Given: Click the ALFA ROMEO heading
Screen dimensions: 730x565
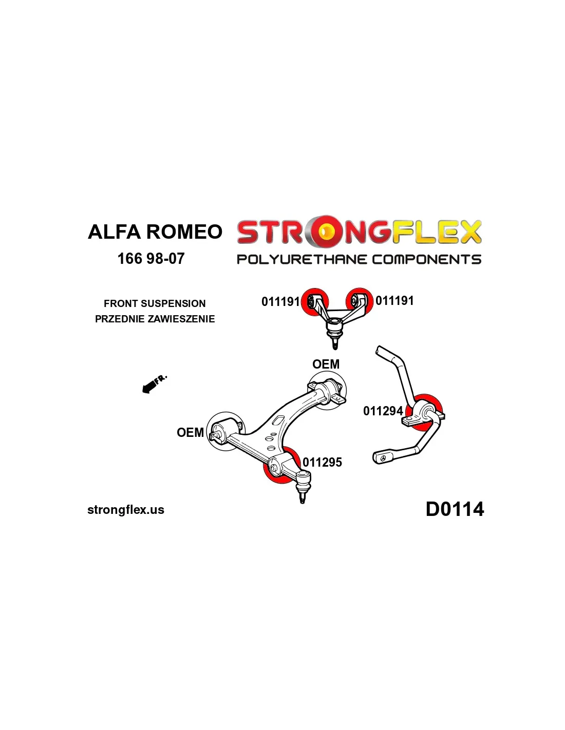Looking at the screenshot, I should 155,232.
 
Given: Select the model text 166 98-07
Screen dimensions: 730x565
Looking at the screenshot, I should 150,258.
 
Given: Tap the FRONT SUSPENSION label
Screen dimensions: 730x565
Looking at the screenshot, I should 155,303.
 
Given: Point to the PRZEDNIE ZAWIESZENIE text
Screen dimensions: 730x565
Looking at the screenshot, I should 155,319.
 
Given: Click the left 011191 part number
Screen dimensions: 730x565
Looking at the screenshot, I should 280,301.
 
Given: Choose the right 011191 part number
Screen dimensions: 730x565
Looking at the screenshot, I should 394,301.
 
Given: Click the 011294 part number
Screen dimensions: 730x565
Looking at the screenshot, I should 383,411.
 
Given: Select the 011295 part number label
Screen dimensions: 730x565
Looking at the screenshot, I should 322,462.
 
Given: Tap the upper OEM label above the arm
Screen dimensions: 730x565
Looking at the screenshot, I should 326,364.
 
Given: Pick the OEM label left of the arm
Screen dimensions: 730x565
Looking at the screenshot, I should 190,432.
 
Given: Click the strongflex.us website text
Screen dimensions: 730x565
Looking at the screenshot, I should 126,510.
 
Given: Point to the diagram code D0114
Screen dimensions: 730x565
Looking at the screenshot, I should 455,509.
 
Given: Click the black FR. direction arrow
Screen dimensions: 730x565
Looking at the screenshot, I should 150,386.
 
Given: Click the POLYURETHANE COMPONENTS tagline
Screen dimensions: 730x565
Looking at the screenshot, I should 359,259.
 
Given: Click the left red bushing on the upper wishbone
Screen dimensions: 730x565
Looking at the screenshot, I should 314,302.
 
